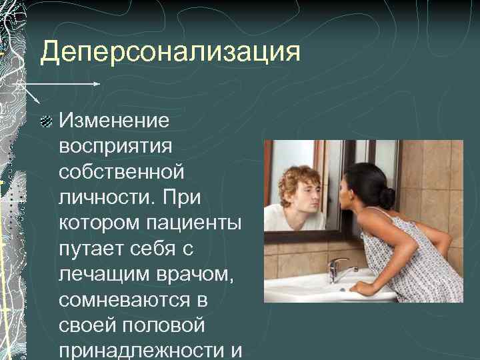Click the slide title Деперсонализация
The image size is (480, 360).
[x=170, y=51]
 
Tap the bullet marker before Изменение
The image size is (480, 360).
[x=46, y=121]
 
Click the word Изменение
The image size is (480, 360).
[x=114, y=120]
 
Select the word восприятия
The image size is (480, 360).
[x=115, y=147]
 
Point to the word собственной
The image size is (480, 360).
[x=121, y=172]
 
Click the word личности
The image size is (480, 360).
[x=106, y=197]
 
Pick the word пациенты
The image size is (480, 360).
[x=193, y=223]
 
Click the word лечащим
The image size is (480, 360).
[x=104, y=274]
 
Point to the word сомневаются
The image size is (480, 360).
[x=124, y=300]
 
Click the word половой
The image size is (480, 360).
[x=163, y=325]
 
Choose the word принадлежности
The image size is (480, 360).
[x=141, y=351]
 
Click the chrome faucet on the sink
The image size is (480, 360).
[x=340, y=270]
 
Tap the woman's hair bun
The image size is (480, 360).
[x=387, y=198]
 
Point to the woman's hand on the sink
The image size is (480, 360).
[x=361, y=288]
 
